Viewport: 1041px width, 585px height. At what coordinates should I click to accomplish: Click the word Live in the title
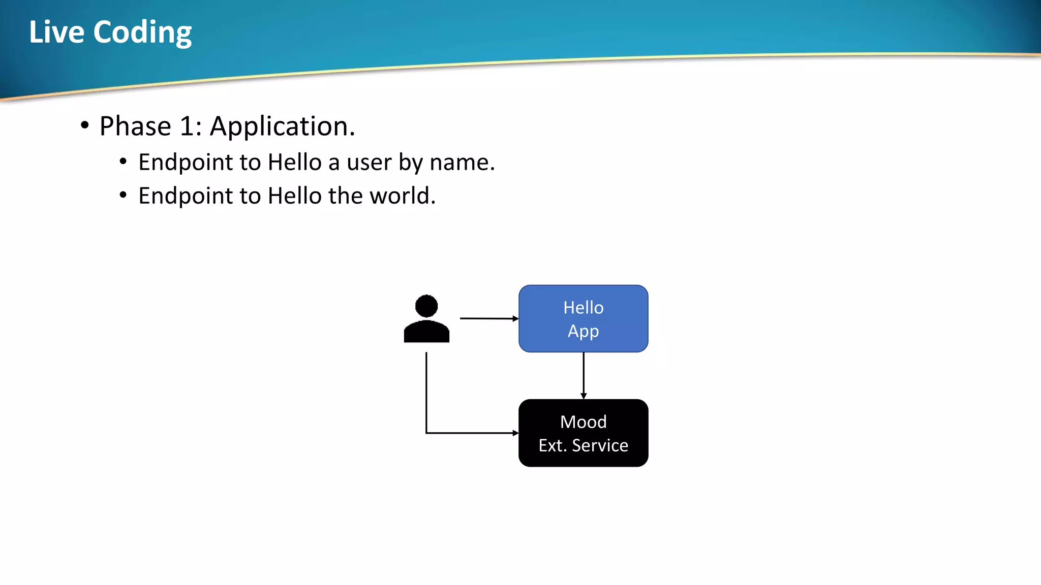[x=56, y=32]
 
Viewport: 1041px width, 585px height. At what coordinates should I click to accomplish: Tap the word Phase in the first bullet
[x=135, y=126]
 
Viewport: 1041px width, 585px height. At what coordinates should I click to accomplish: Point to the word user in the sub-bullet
[x=369, y=163]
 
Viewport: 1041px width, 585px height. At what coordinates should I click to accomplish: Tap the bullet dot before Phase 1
[x=85, y=125]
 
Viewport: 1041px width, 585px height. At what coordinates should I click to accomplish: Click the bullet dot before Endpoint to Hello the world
[x=123, y=195]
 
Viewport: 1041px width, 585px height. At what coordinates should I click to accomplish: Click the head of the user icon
[x=426, y=306]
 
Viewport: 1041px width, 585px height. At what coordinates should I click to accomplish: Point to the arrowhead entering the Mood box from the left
[x=515, y=433]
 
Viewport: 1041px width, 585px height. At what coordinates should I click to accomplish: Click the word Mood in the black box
[x=583, y=422]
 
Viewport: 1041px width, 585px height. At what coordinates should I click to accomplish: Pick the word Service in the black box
[x=600, y=445]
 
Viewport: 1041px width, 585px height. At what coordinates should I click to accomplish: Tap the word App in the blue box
[x=583, y=331]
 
